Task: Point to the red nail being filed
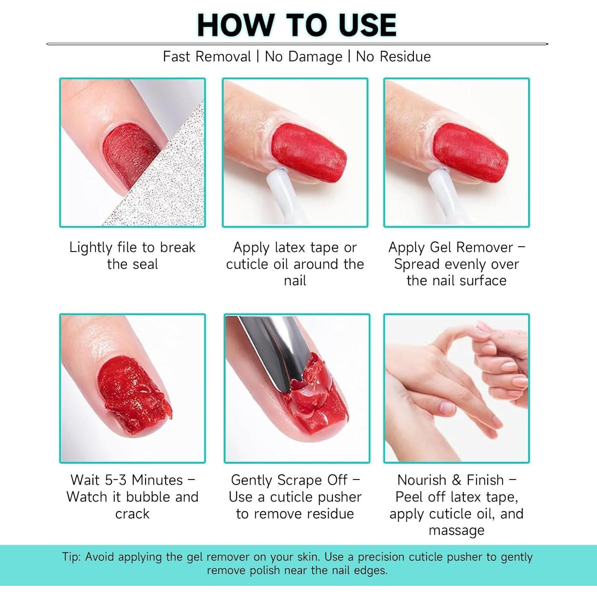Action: click(127, 155)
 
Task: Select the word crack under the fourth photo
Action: click(132, 514)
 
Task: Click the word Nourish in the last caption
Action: click(422, 480)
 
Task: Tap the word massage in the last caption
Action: click(457, 531)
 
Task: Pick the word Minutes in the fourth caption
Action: click(157, 480)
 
